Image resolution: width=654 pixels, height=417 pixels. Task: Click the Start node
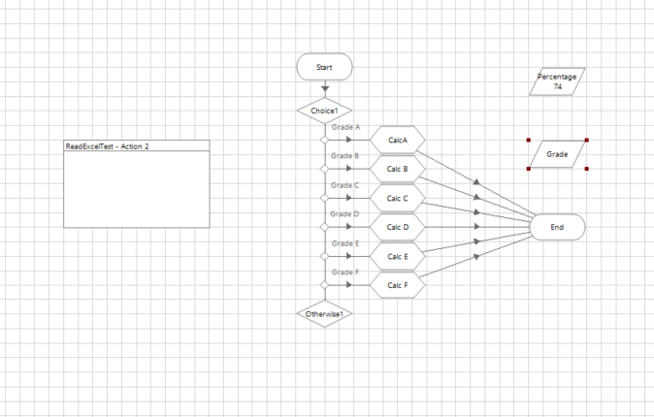pyautogui.click(x=324, y=67)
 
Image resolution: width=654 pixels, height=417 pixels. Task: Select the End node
pyautogui.click(x=557, y=227)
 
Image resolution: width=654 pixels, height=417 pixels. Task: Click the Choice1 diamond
pyautogui.click(x=324, y=111)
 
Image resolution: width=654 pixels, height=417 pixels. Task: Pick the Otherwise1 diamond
pyautogui.click(x=324, y=314)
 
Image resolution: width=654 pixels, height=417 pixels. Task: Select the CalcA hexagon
pyautogui.click(x=398, y=140)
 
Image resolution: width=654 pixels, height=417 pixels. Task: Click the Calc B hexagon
pyautogui.click(x=398, y=169)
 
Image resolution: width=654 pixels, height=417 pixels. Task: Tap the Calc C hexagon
pyautogui.click(x=398, y=198)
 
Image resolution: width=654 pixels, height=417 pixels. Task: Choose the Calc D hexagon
pyautogui.click(x=398, y=227)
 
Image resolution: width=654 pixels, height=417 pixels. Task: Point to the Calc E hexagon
pyautogui.click(x=398, y=256)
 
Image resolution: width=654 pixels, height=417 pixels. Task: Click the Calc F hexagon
pyautogui.click(x=398, y=285)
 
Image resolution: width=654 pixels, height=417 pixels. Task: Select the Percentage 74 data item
pyautogui.click(x=557, y=81)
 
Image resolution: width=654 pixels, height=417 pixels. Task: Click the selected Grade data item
pyautogui.click(x=557, y=154)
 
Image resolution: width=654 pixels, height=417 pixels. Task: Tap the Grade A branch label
pyautogui.click(x=345, y=127)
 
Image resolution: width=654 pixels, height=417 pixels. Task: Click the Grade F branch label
pyautogui.click(x=345, y=273)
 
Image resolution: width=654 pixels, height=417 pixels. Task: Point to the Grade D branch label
pyautogui.click(x=344, y=214)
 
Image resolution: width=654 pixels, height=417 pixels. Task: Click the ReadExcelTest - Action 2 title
pyautogui.click(x=107, y=146)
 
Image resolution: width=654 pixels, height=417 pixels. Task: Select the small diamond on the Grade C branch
pyautogui.click(x=324, y=198)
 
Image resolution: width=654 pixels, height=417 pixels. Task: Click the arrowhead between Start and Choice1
pyautogui.click(x=325, y=89)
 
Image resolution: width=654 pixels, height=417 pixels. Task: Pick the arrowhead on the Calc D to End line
pyautogui.click(x=476, y=227)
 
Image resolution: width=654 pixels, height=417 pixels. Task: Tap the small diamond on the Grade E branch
pyautogui.click(x=324, y=256)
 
